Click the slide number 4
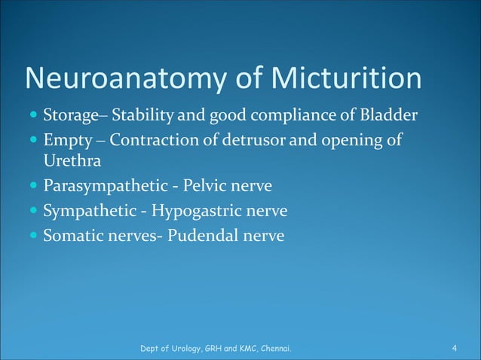pos(455,348)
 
